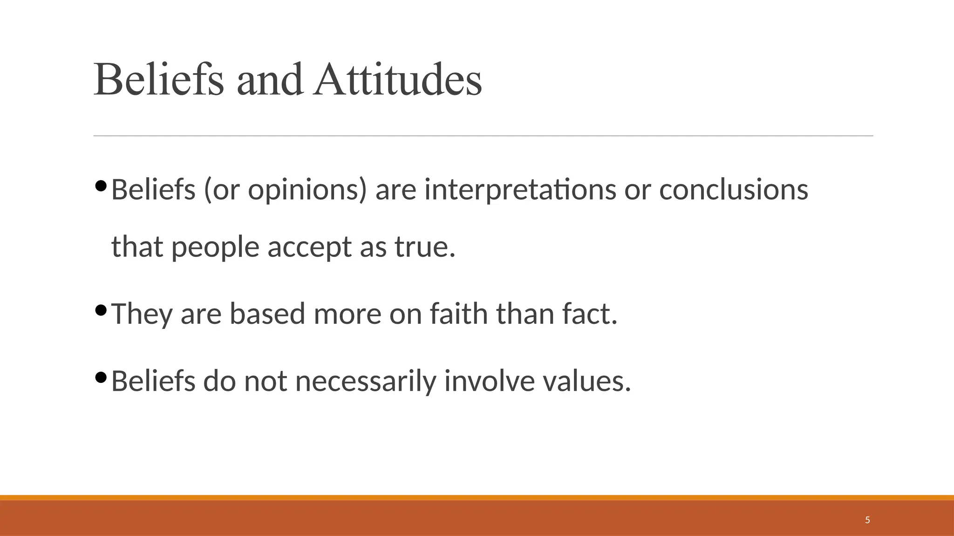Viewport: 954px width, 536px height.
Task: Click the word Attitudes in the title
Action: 398,80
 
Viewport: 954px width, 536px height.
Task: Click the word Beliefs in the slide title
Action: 159,80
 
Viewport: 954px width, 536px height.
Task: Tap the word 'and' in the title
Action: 270,80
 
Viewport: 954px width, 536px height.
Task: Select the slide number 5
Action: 867,520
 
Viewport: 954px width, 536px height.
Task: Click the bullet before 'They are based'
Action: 101,309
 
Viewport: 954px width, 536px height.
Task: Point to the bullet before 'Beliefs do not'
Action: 101,377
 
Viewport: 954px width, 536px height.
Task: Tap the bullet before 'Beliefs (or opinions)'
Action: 101,186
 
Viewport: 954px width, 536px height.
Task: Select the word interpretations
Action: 520,191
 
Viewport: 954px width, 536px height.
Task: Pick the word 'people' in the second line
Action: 215,248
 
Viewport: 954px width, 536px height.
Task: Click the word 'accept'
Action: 309,248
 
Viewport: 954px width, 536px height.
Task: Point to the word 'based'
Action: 267,314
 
